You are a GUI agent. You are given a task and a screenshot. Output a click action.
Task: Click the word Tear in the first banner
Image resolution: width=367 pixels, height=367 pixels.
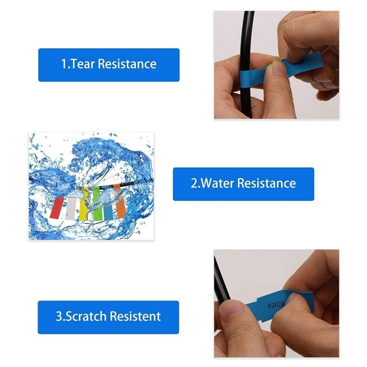[x=82, y=64]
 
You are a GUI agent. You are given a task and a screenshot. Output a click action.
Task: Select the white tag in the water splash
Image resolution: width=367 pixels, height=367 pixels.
[x=71, y=210]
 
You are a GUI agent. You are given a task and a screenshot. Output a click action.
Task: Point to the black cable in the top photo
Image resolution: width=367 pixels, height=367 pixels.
[x=248, y=37]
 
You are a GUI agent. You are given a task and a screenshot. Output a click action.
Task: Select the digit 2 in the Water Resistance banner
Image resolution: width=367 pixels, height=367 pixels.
[x=194, y=183]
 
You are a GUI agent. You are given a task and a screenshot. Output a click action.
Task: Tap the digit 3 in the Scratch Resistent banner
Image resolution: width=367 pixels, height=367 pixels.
[x=59, y=317]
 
